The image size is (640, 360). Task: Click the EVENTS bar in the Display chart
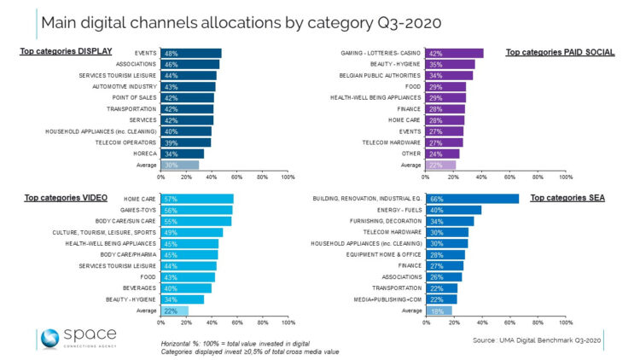(x=191, y=53)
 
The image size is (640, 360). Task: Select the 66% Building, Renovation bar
(x=473, y=199)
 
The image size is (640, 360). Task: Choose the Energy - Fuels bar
(x=455, y=210)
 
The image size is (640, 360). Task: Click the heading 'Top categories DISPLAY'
(x=66, y=51)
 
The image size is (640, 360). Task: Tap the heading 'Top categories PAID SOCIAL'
(x=561, y=52)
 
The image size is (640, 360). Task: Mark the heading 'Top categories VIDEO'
(x=61, y=197)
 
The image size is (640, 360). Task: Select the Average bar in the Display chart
(x=180, y=165)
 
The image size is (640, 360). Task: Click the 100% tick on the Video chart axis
(x=288, y=322)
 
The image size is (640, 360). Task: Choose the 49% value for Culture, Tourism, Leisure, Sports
(x=171, y=231)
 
